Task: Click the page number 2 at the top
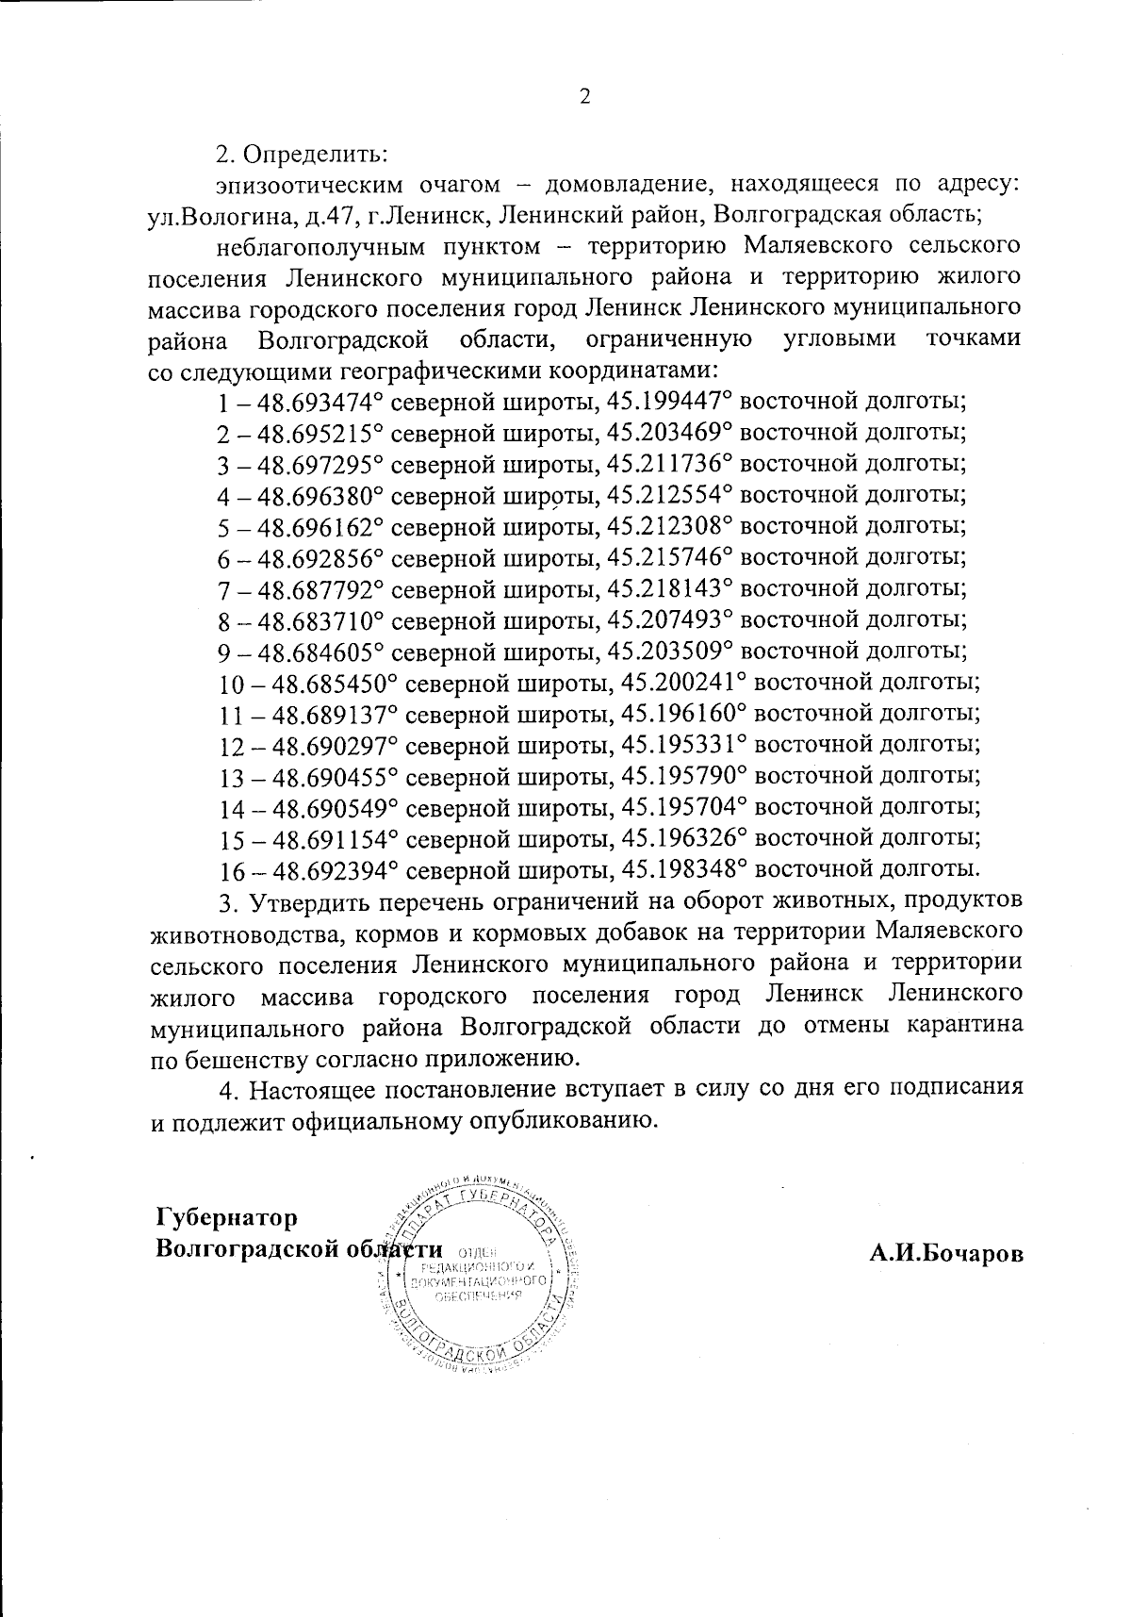pos(583,97)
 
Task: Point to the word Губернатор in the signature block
pos(227,1217)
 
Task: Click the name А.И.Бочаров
pos(945,1254)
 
